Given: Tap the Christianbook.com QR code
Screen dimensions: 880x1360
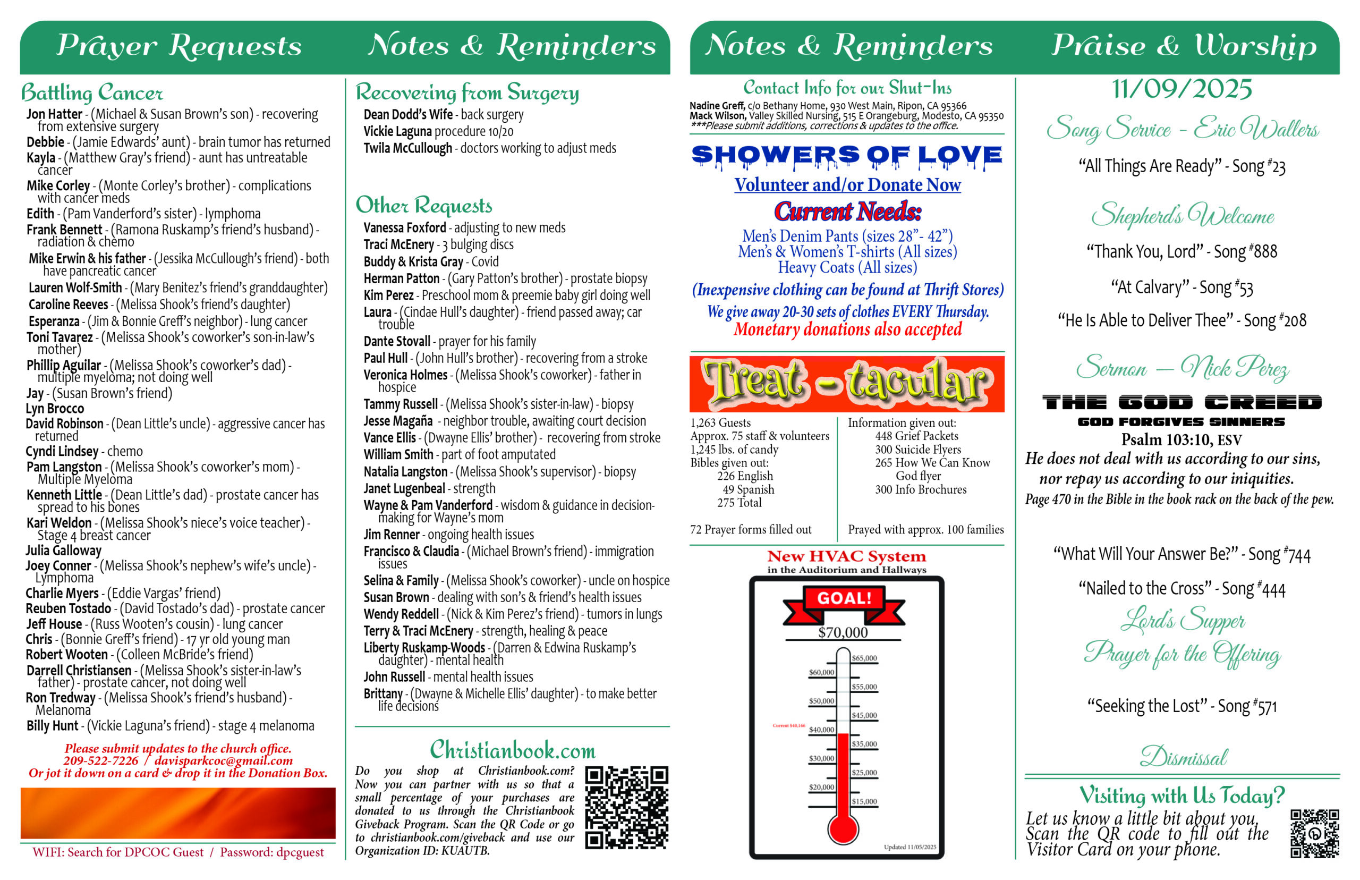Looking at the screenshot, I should (x=626, y=807).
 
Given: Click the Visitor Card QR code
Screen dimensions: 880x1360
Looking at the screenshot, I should (x=1314, y=833).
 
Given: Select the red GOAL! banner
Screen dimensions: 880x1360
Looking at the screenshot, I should (x=844, y=600).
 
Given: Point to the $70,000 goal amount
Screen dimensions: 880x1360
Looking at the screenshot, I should (x=843, y=632).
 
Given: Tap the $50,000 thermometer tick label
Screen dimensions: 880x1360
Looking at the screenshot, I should (x=821, y=700).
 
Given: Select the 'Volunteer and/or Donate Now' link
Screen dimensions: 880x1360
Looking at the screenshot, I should (x=847, y=184).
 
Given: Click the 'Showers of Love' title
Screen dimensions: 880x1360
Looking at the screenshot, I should (x=846, y=155).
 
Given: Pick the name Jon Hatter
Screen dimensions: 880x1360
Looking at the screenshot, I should (x=54, y=114).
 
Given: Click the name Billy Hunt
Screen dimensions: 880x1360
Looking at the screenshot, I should (x=52, y=726).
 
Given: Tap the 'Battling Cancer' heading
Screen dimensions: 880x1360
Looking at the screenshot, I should (x=91, y=92).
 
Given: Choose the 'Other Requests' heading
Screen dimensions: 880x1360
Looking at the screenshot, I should (x=423, y=205).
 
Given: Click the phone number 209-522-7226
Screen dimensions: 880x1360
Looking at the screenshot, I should (x=101, y=760).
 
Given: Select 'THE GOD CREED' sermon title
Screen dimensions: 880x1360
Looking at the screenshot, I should (x=1181, y=402).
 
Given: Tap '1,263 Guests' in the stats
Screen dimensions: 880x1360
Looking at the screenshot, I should (x=720, y=423).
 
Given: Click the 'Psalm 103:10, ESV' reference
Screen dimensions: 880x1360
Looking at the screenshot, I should (x=1181, y=439).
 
